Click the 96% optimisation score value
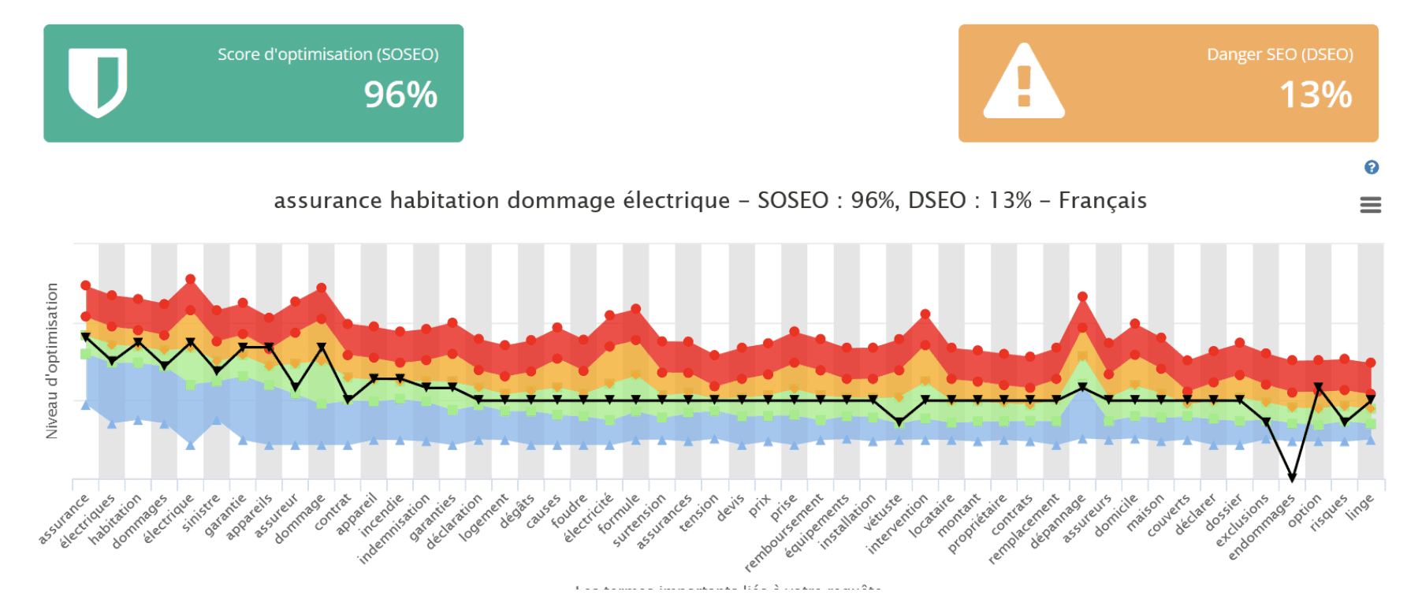point(400,95)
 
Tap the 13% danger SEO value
point(1316,95)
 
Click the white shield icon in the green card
point(98,82)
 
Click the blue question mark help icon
point(1372,167)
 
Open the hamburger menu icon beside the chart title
point(1371,206)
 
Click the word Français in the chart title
point(1102,201)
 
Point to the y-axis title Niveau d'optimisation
point(52,360)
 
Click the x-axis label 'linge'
point(1361,508)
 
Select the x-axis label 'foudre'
point(570,512)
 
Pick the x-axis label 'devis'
point(731,509)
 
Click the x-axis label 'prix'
point(760,506)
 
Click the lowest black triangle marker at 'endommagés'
point(1292,478)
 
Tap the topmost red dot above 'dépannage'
point(1082,297)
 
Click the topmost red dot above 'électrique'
point(190,279)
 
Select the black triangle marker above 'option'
point(1318,388)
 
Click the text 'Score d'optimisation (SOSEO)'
point(328,54)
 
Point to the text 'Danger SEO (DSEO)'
point(1279,54)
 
